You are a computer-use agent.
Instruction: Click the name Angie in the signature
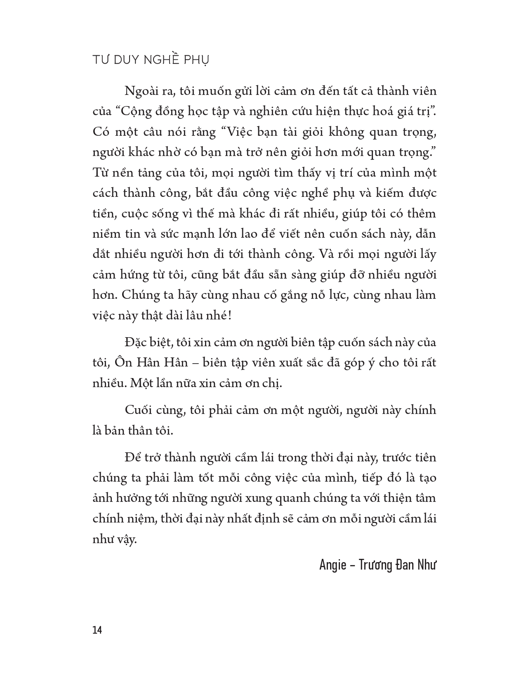pos(333,565)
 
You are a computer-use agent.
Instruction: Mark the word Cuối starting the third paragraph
pos(139,410)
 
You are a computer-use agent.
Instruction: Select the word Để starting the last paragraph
pos(132,458)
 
